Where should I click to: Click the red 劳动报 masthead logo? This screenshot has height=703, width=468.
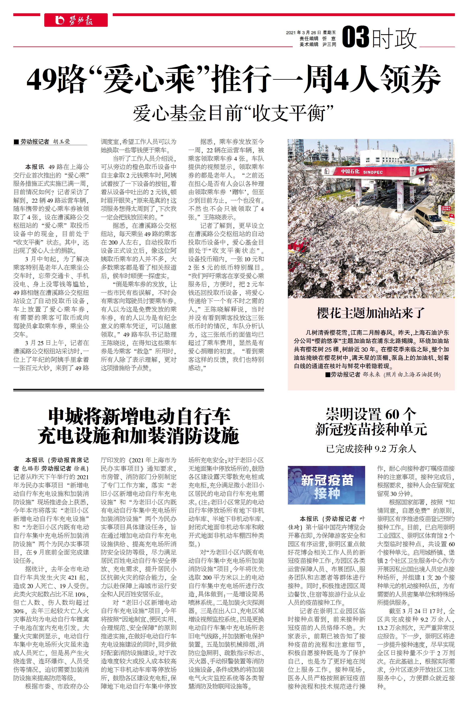76,20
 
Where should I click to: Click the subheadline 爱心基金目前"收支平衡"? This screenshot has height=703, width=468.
233,113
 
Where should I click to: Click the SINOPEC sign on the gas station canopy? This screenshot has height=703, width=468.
373,172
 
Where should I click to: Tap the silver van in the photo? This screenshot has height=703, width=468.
430,219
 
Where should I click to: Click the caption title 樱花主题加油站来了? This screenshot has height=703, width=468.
371,313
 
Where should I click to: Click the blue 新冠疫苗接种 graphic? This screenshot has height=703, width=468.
326,485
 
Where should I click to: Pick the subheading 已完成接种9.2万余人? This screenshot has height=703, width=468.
371,448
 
